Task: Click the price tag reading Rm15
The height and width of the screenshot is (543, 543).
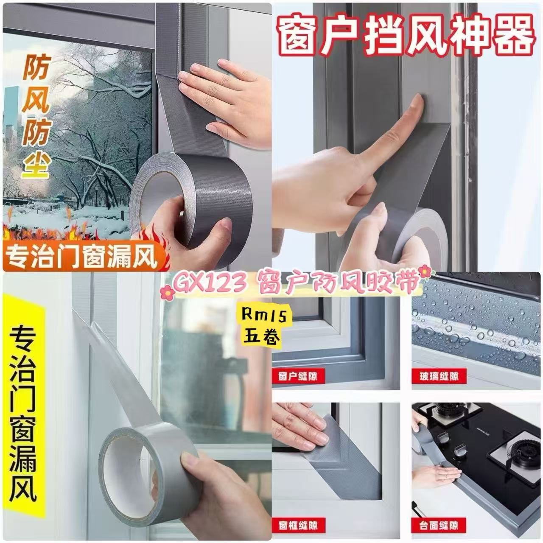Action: (265, 316)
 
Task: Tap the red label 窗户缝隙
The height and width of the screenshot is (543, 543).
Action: (298, 376)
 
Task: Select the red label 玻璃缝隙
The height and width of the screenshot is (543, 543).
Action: (439, 376)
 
